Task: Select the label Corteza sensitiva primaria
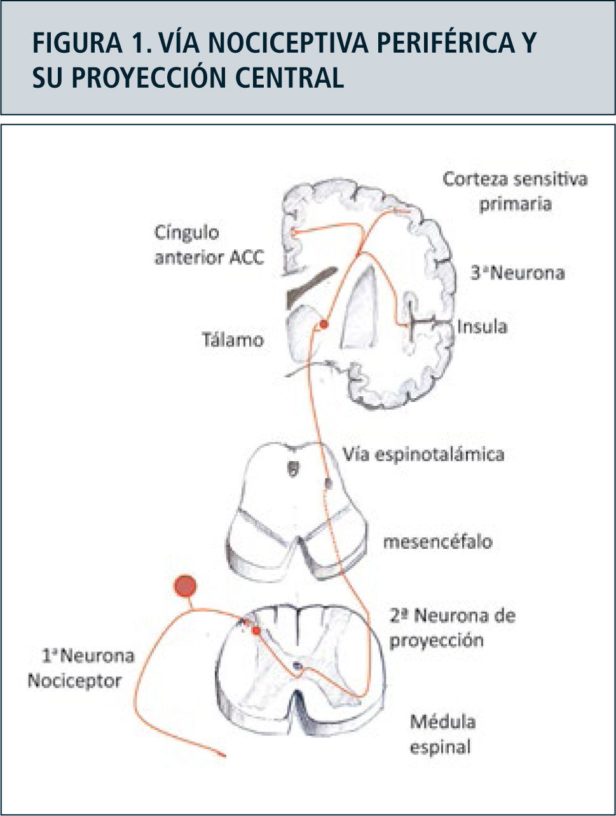(x=515, y=191)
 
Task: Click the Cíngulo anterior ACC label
(x=209, y=245)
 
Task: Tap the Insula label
(x=482, y=327)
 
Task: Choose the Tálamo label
(x=233, y=340)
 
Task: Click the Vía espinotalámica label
(x=423, y=454)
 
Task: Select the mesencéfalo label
(x=437, y=542)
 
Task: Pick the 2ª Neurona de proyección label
(x=452, y=627)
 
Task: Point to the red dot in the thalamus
(x=324, y=324)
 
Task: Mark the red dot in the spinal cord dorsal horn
(x=256, y=630)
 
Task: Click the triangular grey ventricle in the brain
(x=360, y=308)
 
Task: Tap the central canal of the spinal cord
(x=298, y=666)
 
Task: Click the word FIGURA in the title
(x=75, y=43)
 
